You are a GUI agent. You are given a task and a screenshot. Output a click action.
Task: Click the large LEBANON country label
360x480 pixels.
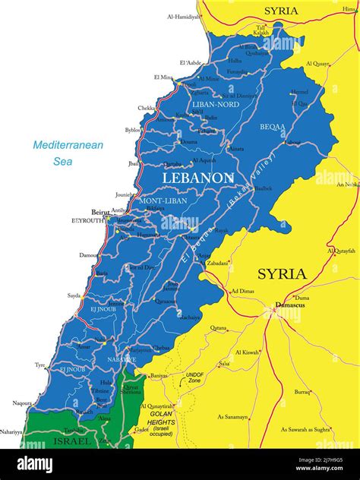(197, 177)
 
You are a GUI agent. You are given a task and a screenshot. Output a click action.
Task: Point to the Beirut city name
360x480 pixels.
(99, 212)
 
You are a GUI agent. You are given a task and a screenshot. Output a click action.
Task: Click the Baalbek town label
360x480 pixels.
(263, 188)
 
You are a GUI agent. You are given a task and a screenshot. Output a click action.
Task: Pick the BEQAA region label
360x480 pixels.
(272, 127)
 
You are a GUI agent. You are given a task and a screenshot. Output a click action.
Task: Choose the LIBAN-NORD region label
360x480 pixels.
(216, 104)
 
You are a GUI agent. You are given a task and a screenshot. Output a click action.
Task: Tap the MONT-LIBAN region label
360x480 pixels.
(162, 201)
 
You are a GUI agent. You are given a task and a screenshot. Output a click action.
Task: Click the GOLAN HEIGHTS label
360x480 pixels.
(160, 418)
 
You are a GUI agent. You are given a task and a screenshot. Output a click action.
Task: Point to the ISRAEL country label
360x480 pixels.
(73, 441)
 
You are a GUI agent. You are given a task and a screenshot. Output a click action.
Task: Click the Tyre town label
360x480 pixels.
(40, 365)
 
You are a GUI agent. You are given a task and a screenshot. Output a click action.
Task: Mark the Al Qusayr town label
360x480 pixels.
(318, 64)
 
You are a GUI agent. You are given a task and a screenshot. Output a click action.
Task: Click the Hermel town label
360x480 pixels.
(299, 92)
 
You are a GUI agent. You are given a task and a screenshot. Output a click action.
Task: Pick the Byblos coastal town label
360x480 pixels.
(133, 130)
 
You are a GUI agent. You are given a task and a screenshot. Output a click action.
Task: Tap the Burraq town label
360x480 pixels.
(302, 392)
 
